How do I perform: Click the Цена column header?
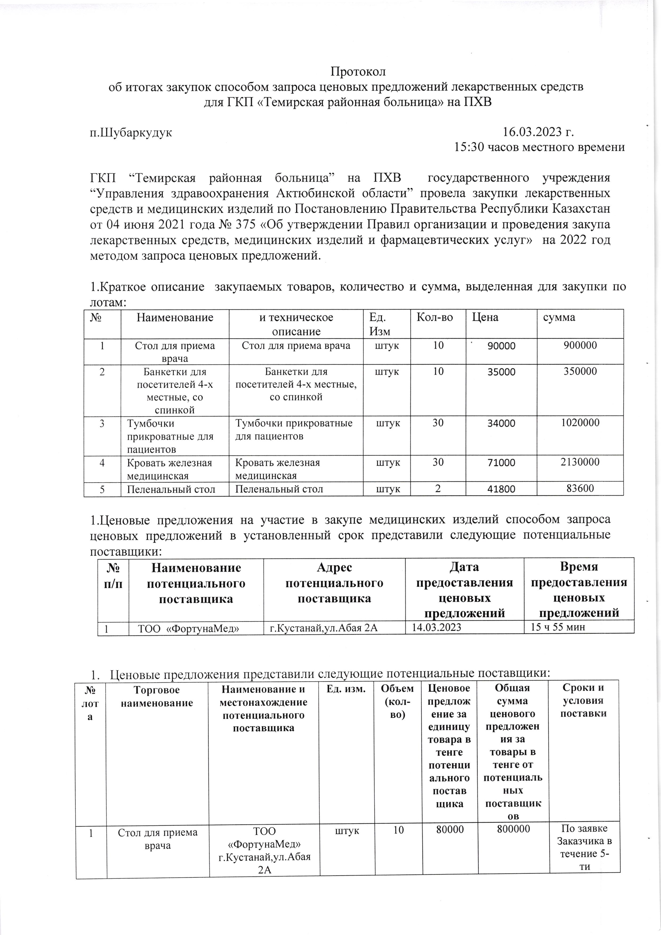point(485,317)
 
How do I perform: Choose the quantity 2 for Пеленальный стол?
point(438,489)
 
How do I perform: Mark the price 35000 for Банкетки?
point(501,372)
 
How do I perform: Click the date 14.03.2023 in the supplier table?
point(437,627)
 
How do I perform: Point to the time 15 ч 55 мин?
point(558,627)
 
